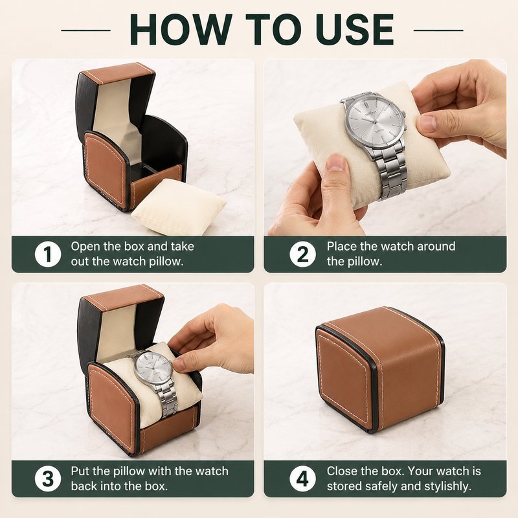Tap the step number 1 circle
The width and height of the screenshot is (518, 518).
(x=48, y=254)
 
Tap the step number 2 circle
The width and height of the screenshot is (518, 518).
(x=302, y=254)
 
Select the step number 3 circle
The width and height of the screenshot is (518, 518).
(x=48, y=479)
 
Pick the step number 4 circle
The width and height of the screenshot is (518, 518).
(x=302, y=479)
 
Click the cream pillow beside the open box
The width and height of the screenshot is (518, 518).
(x=179, y=207)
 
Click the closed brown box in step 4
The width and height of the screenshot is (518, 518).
(x=380, y=369)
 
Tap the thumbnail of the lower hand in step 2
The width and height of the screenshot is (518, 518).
(x=335, y=163)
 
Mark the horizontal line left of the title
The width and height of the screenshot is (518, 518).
(x=86, y=30)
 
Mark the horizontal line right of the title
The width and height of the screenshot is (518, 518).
(x=438, y=30)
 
